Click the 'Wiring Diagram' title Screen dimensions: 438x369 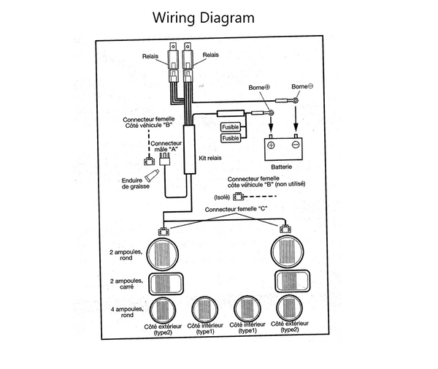tap(204, 18)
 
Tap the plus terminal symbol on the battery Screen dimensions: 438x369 tap(271, 145)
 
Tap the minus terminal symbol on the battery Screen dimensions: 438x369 tap(296, 145)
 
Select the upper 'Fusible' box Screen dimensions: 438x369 tap(231, 127)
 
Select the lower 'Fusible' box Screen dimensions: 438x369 tap(231, 138)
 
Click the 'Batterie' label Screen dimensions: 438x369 tap(282, 167)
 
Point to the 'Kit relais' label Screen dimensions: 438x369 tap(210, 158)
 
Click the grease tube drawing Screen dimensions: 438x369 tap(153, 175)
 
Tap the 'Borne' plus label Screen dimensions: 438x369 tap(259, 88)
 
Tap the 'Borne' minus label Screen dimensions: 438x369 tap(302, 86)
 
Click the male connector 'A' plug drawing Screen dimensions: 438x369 tap(164, 159)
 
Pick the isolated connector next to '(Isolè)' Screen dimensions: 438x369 tap(238, 197)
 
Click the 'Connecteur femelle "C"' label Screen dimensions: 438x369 tap(236, 209)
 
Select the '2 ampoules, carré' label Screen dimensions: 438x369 tap(126, 284)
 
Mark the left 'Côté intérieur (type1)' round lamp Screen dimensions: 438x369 tap(204, 310)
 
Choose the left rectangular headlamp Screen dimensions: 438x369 tap(166, 284)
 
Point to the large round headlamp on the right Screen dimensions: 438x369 tap(287, 251)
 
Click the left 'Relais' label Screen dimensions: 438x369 tap(150, 56)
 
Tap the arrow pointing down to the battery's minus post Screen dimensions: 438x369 tap(296, 118)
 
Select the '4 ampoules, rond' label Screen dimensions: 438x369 tap(127, 312)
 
